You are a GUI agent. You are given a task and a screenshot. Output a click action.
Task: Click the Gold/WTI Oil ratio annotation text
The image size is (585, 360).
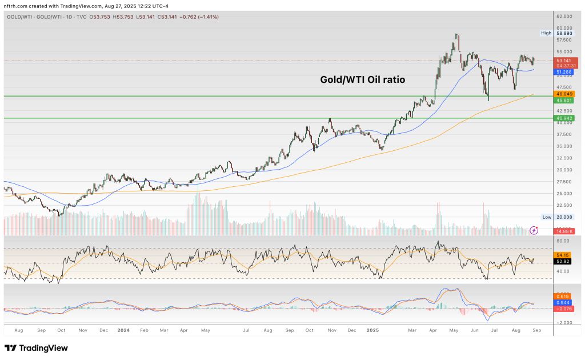point(362,80)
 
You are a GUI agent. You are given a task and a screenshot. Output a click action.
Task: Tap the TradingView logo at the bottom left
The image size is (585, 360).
point(36,348)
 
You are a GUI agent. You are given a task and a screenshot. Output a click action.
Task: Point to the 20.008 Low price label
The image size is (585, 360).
point(564,217)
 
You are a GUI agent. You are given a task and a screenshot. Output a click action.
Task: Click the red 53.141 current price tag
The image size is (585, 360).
point(564,60)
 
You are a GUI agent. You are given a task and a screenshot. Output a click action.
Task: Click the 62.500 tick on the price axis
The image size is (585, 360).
point(564,17)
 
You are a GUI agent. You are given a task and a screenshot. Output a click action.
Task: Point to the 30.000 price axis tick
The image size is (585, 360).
point(564,170)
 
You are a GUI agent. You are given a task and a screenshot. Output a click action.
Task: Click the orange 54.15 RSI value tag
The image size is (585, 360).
point(564,255)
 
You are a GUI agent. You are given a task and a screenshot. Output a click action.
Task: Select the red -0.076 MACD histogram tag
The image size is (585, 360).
point(564,309)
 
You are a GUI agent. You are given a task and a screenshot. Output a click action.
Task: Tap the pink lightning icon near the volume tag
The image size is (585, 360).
point(534,230)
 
